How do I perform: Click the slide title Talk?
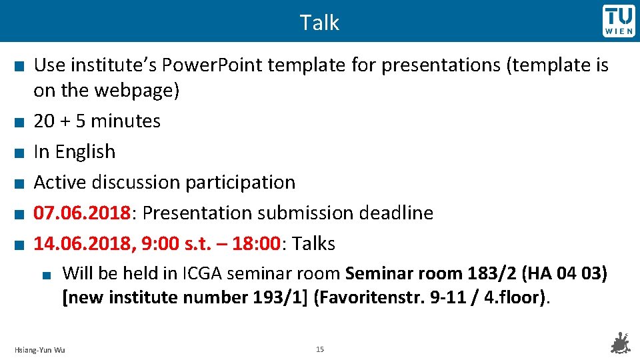319,23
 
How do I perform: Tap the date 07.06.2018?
81,213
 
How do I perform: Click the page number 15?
319,349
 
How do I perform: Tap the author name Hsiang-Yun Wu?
40,350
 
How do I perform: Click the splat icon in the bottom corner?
621,343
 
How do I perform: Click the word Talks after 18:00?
313,244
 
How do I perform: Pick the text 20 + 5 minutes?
97,121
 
